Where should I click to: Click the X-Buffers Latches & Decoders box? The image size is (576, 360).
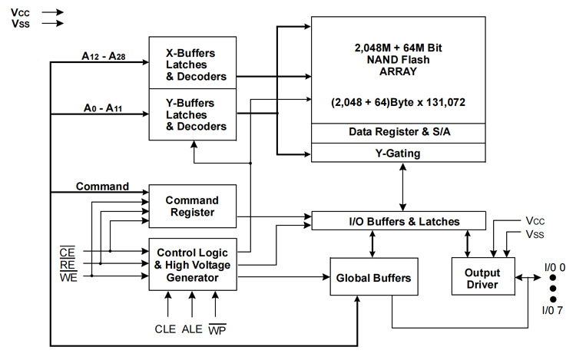tap(193, 63)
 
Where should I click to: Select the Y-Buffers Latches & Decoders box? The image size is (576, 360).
tap(193, 114)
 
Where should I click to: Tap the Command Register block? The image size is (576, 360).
tap(193, 206)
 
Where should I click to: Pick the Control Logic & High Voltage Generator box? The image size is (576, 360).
tap(193, 265)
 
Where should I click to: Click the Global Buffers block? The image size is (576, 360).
tap(374, 276)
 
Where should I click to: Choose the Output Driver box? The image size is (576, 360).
tap(483, 276)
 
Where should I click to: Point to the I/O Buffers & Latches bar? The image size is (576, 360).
tap(399, 221)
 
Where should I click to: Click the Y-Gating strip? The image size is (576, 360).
tap(398, 153)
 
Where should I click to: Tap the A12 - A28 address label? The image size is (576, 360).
tap(104, 56)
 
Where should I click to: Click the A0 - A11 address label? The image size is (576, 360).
tap(103, 108)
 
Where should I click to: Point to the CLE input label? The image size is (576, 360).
tap(165, 329)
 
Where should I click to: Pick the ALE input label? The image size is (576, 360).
tap(192, 329)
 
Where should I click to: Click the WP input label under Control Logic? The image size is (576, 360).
tap(217, 329)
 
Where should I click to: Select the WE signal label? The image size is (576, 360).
tap(68, 277)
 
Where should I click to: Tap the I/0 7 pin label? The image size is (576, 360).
tap(552, 310)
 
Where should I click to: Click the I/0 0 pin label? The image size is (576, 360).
tap(554, 268)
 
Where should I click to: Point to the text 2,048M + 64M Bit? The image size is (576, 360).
tap(398, 48)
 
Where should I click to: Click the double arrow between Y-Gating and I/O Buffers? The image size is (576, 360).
tap(403, 187)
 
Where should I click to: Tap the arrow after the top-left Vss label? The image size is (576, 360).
tap(52, 24)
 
